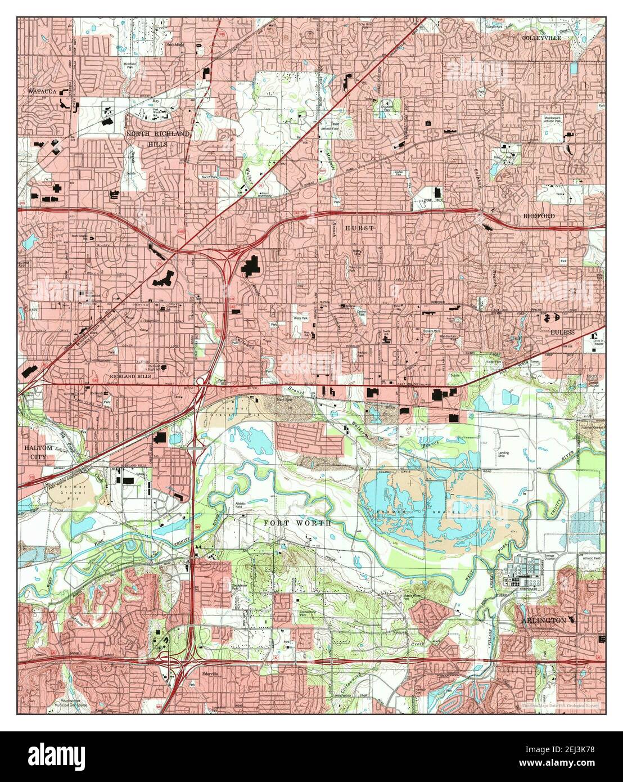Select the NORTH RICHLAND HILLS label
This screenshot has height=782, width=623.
coord(158,138)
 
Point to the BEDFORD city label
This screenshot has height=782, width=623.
coord(539,216)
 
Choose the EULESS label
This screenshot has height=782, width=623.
coord(562,332)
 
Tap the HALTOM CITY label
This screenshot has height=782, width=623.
coord(39,452)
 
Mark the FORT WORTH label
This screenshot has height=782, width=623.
coord(297,523)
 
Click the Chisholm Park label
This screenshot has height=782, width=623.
coord(388,104)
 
